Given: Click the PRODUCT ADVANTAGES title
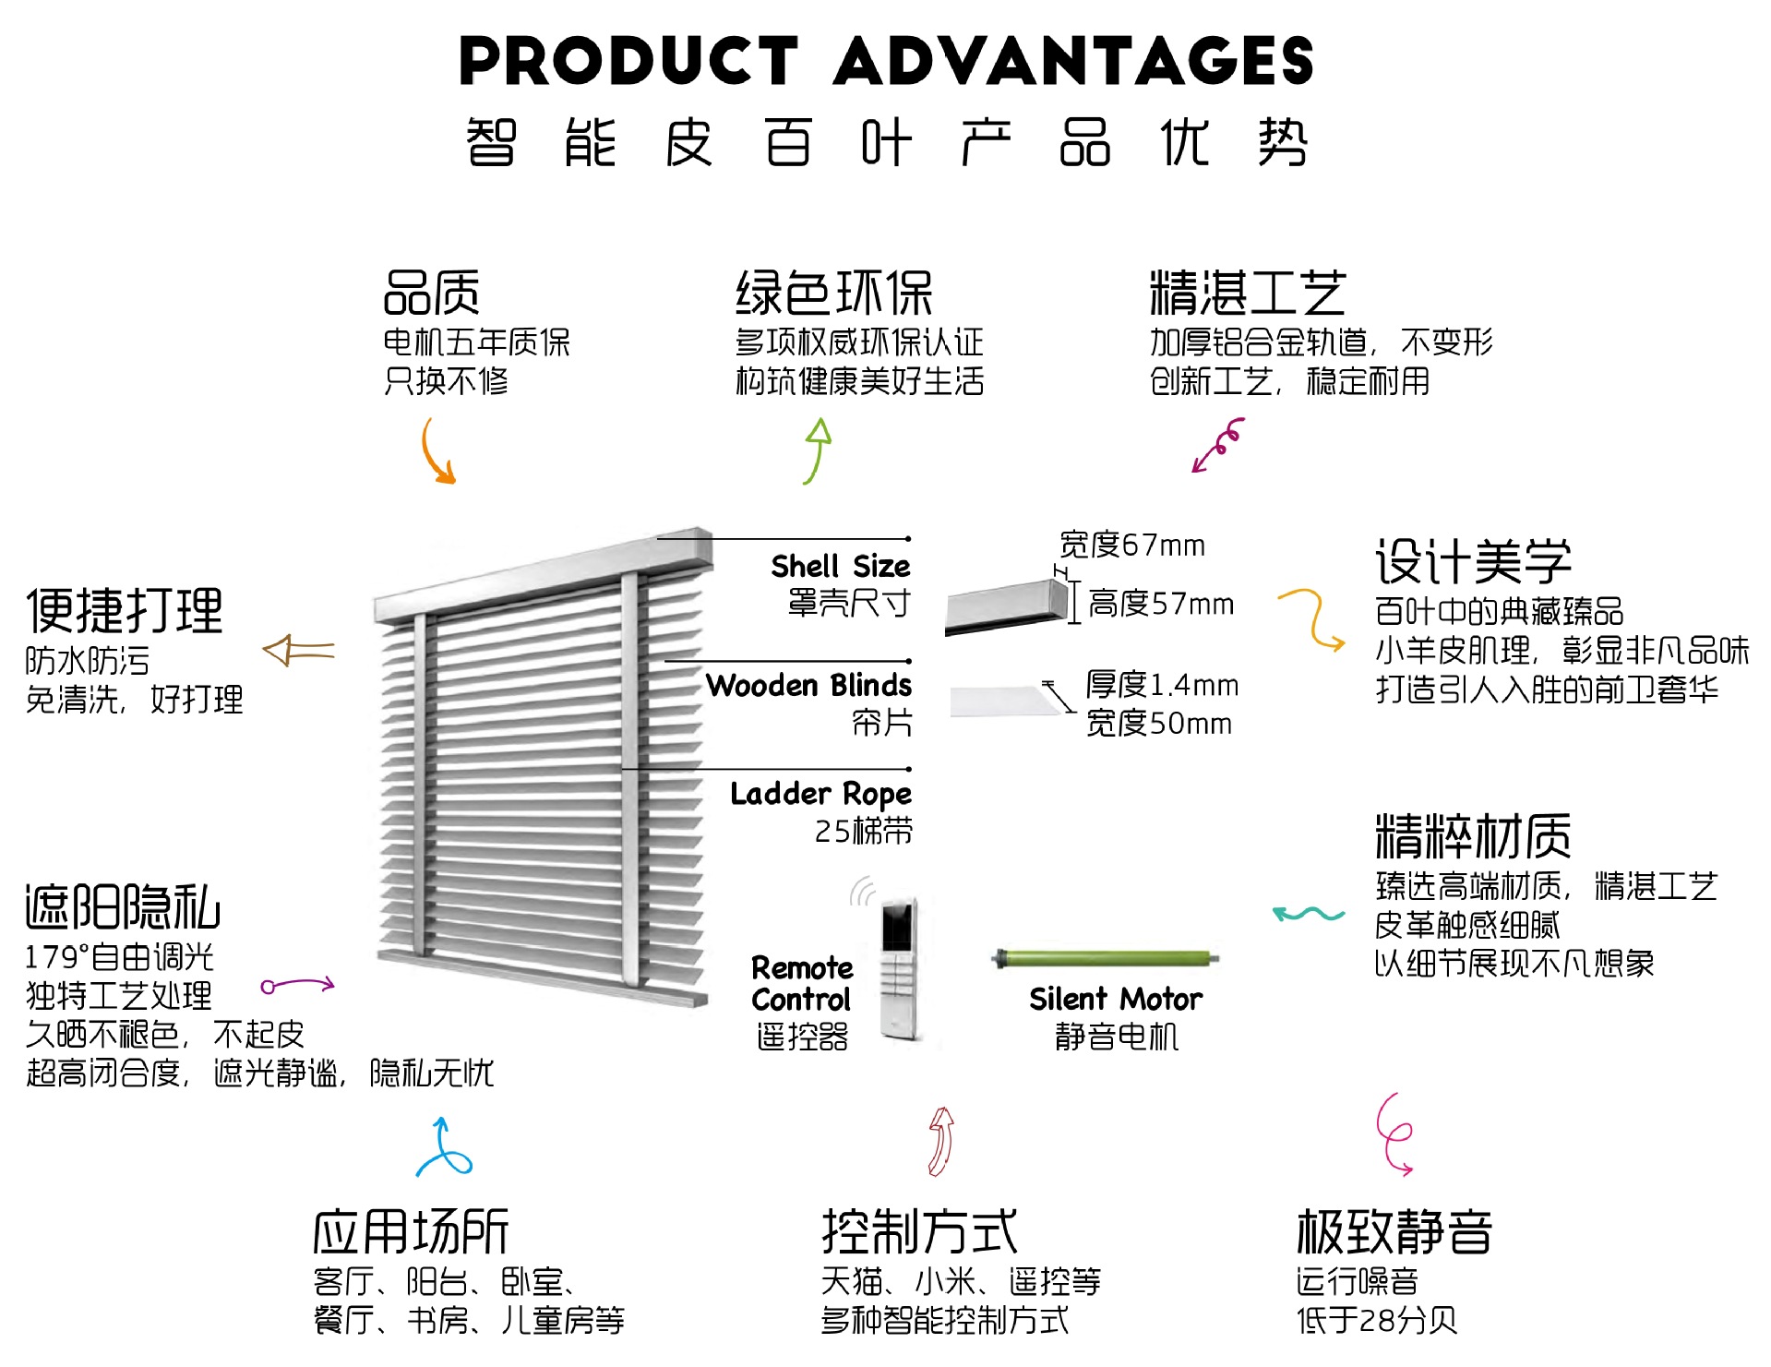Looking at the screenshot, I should tap(885, 61).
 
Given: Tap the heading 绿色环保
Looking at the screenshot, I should tap(833, 294).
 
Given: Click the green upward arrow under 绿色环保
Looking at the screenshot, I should tap(817, 450).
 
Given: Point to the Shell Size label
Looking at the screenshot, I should tap(840, 566).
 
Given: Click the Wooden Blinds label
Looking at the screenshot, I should tap(808, 685).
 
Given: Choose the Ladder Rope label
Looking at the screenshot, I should tap(820, 794).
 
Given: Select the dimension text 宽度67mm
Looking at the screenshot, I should tap(1131, 546).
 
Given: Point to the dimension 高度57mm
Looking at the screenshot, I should tap(1160, 604).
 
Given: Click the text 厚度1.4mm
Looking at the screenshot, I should tap(1161, 685).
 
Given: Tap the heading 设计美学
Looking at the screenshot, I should tap(1473, 561).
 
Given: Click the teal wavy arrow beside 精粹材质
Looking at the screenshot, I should tap(1308, 914).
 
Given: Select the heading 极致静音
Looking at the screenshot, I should tap(1394, 1231).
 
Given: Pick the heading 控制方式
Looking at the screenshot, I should tap(919, 1231).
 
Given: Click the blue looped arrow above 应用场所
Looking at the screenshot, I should tap(444, 1148).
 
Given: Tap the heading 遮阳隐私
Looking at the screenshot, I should tap(123, 906).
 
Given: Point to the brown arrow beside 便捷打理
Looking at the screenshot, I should tap(298, 651).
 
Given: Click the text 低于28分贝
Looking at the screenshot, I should tap(1376, 1321).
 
